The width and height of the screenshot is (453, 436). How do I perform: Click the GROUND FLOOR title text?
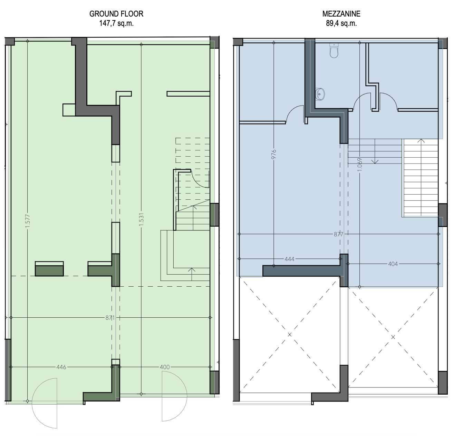tap(116, 14)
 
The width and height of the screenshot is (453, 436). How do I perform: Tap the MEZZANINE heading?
tap(341, 14)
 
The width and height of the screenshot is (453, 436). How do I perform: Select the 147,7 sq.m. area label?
tap(116, 23)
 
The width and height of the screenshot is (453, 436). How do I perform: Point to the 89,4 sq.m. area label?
tap(341, 23)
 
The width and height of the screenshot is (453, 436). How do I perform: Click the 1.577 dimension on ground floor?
tap(28, 220)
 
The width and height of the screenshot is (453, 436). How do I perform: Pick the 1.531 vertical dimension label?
tap(141, 220)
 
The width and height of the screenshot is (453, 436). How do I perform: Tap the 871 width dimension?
tap(110, 317)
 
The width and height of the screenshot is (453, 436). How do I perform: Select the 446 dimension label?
tap(61, 367)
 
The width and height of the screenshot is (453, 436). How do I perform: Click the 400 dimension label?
tap(165, 367)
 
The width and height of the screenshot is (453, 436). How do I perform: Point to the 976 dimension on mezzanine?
tap(274, 154)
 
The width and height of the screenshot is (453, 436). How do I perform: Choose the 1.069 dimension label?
tap(359, 165)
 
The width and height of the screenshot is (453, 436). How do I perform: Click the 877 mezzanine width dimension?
tap(339, 234)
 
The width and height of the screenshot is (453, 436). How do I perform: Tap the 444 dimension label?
tap(289, 259)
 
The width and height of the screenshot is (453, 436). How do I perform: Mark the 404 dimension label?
tap(393, 264)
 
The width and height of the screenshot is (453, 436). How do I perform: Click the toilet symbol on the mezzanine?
tap(334, 50)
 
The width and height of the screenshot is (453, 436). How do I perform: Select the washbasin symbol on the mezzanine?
tap(320, 93)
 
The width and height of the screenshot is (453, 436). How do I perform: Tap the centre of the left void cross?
tap(289, 334)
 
